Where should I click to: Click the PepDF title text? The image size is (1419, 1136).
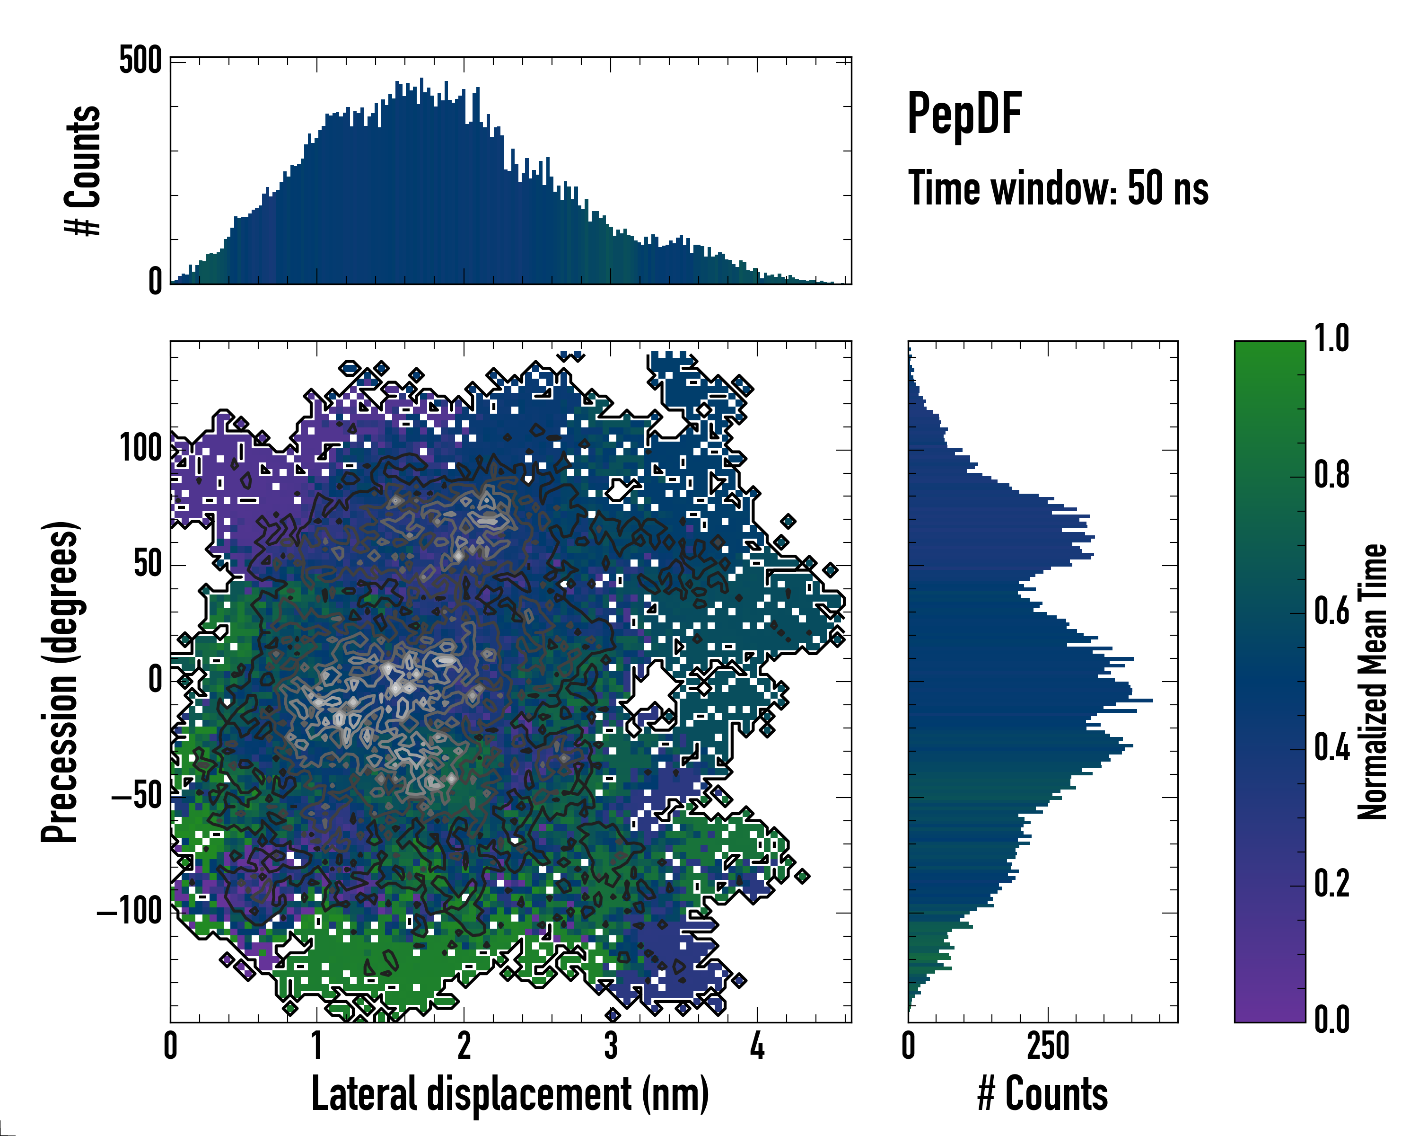pyautogui.click(x=964, y=115)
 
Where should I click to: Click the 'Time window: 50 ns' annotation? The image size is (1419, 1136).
pyautogui.click(x=1058, y=188)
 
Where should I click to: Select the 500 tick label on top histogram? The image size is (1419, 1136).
pyautogui.click(x=140, y=61)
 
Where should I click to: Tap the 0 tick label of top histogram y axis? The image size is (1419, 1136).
pyautogui.click(x=155, y=282)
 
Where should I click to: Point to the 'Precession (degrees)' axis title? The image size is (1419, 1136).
pyautogui.click(x=61, y=682)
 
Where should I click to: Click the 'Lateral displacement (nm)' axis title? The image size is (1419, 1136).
pyautogui.click(x=510, y=1094)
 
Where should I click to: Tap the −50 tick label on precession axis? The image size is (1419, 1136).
pyautogui.click(x=136, y=796)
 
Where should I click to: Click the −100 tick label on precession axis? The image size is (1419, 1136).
pyautogui.click(x=129, y=912)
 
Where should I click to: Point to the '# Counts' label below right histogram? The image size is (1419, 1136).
pyautogui.click(x=1042, y=1094)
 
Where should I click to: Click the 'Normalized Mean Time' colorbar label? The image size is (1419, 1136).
pyautogui.click(x=1373, y=682)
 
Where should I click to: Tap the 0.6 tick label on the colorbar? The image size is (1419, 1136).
pyautogui.click(x=1331, y=612)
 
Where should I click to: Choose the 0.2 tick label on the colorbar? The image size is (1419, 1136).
pyautogui.click(x=1331, y=884)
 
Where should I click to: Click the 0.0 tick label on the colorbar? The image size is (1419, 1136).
pyautogui.click(x=1331, y=1020)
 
